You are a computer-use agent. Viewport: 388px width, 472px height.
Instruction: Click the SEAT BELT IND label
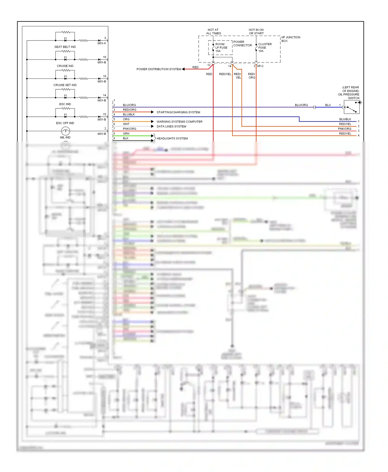pyautogui.click(x=65, y=47)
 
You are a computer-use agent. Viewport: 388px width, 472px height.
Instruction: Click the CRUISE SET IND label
pyautogui.click(x=65, y=85)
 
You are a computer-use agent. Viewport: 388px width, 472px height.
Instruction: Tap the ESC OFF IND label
pyautogui.click(x=65, y=123)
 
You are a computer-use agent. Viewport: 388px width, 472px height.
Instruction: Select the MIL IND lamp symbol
pyautogui.click(x=65, y=131)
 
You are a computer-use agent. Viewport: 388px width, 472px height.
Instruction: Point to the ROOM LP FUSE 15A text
pyautogui.click(x=221, y=48)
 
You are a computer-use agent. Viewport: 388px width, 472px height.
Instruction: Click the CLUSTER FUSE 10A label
pyautogui.click(x=265, y=48)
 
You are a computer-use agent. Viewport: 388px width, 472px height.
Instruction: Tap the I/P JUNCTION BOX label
pyautogui.click(x=290, y=39)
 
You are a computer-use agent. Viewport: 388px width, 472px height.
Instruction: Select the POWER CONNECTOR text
pyautogui.click(x=242, y=43)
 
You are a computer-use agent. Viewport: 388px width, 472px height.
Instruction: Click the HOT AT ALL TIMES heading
pyautogui.click(x=213, y=32)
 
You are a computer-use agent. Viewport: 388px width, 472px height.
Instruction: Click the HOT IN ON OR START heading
pyautogui.click(x=256, y=32)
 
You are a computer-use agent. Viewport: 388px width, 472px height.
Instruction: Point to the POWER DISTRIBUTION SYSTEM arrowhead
pyautogui.click(x=183, y=69)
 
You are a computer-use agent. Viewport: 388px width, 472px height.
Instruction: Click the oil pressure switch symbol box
pyautogui.click(x=352, y=107)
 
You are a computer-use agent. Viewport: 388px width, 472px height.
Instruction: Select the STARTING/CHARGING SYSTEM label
pyautogui.click(x=178, y=112)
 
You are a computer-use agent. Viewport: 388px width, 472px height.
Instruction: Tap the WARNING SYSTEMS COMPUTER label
pyautogui.click(x=179, y=122)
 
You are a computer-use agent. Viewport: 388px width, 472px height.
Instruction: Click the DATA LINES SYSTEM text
pyautogui.click(x=171, y=127)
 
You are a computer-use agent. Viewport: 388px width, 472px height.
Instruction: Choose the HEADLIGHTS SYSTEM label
pyautogui.click(x=172, y=138)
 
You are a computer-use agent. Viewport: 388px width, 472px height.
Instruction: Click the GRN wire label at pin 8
pyautogui.click(x=126, y=133)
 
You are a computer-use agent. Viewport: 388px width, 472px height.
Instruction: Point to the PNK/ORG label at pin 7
pyautogui.click(x=129, y=129)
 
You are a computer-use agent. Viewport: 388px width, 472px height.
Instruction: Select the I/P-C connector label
pyautogui.click(x=260, y=66)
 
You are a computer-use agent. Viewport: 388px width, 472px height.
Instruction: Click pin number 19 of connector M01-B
pyautogui.click(x=105, y=57)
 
